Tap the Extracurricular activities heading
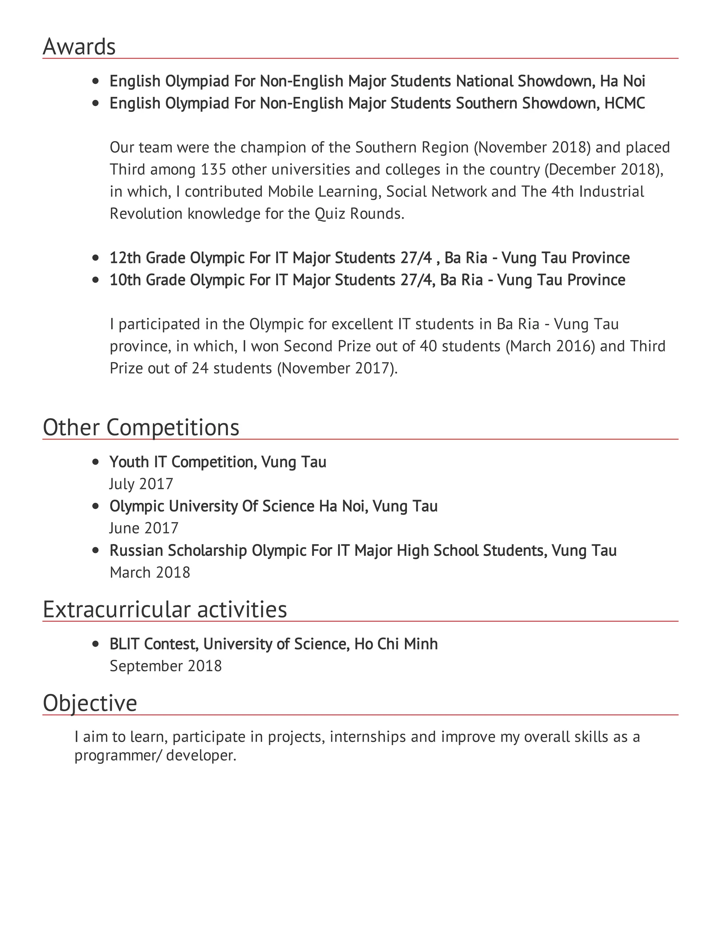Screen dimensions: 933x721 pyautogui.click(x=165, y=609)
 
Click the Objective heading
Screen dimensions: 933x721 pyautogui.click(x=90, y=703)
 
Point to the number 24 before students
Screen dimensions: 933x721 pyautogui.click(x=200, y=368)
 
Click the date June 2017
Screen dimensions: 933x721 pyautogui.click(x=144, y=528)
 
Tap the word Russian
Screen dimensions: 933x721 pyautogui.click(x=136, y=551)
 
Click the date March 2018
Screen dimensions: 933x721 pyautogui.click(x=150, y=573)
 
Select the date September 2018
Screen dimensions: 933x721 pyautogui.click(x=166, y=666)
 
